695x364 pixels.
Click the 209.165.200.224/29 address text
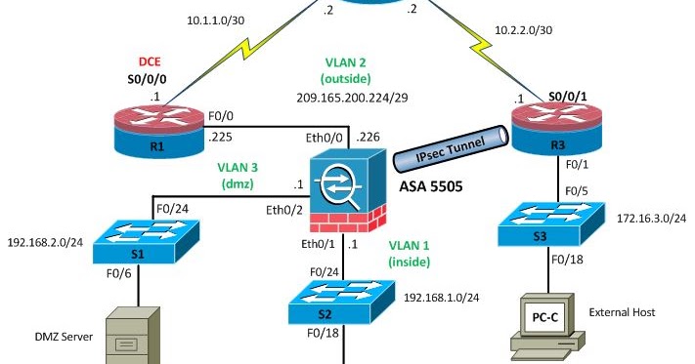[358, 98]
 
